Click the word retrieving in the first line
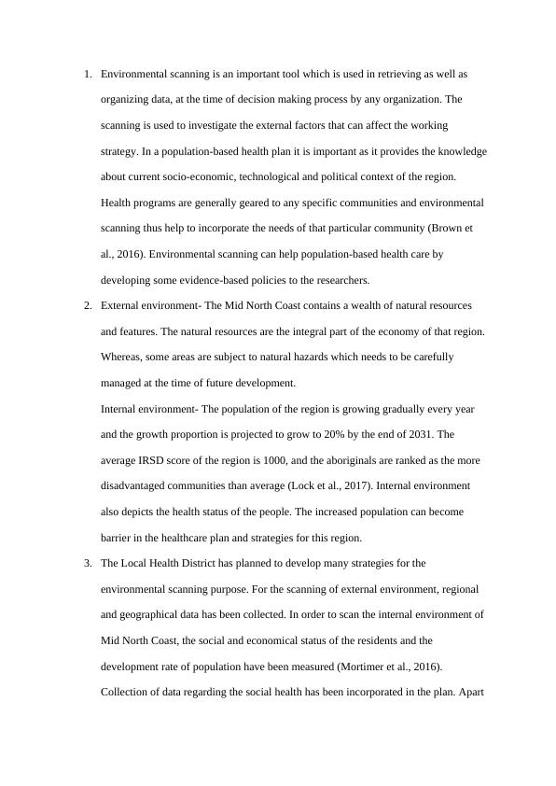click(x=385, y=73)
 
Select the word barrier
click(x=119, y=538)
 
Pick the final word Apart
click(x=472, y=693)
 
